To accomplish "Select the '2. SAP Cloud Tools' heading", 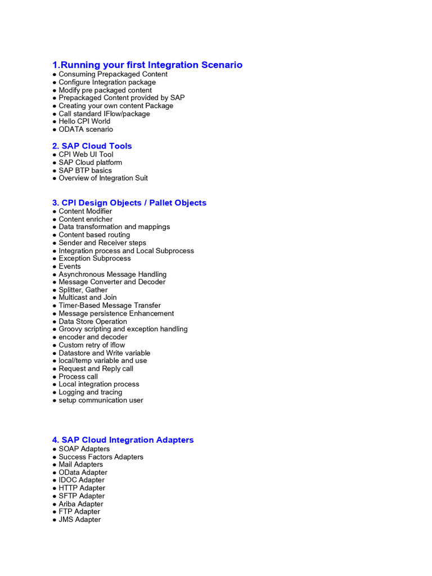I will (92, 146).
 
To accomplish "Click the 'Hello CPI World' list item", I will (84, 121).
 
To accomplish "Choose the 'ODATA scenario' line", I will (85, 129).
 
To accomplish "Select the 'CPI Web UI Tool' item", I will (85, 155).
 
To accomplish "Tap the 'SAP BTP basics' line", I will (85, 170).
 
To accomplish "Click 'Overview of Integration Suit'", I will (103, 178).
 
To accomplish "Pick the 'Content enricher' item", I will (85, 219).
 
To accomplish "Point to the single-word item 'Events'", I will (70, 267).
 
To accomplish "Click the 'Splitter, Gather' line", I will (83, 290).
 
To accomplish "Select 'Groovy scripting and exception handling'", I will (123, 329).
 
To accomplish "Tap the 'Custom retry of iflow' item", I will (92, 345).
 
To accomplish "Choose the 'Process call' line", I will (78, 377).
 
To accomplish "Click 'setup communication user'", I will (101, 400).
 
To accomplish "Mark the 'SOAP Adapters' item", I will (84, 449).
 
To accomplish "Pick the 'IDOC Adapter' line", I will (82, 480).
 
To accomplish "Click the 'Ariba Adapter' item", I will (81, 504).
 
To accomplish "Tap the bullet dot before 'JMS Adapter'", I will (55, 520).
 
